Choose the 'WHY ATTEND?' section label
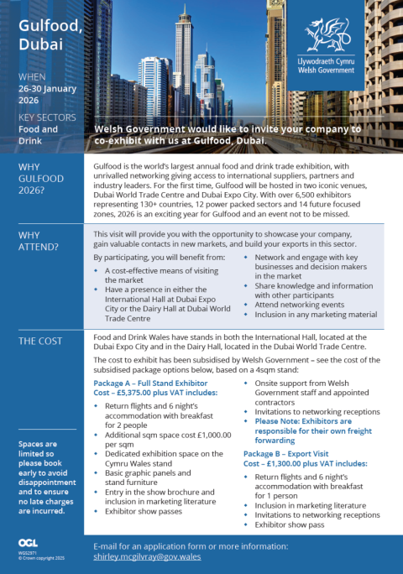pyautogui.click(x=39, y=241)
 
